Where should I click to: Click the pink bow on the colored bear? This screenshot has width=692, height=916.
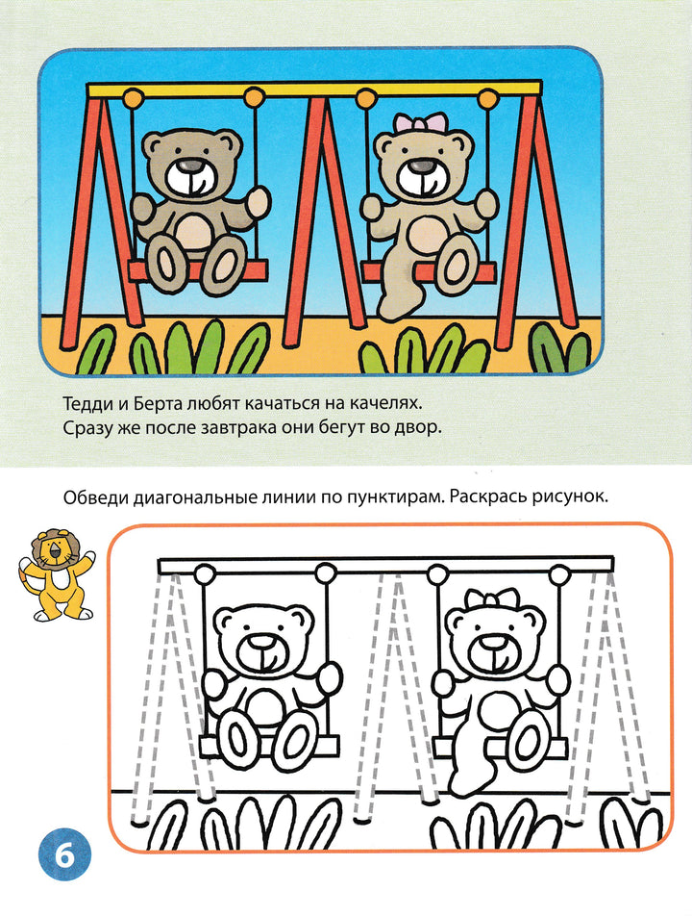(x=419, y=124)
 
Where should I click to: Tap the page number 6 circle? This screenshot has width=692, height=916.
(x=64, y=855)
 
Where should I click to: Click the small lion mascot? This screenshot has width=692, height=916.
(x=56, y=574)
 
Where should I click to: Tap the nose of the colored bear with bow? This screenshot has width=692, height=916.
(x=419, y=167)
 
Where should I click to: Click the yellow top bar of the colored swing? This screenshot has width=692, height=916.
(x=314, y=89)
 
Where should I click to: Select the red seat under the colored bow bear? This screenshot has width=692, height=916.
(x=429, y=271)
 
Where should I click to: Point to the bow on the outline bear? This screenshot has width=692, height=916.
(x=492, y=600)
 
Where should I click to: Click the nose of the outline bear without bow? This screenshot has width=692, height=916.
(x=263, y=642)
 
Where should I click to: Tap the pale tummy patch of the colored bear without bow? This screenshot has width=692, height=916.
(x=194, y=230)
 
